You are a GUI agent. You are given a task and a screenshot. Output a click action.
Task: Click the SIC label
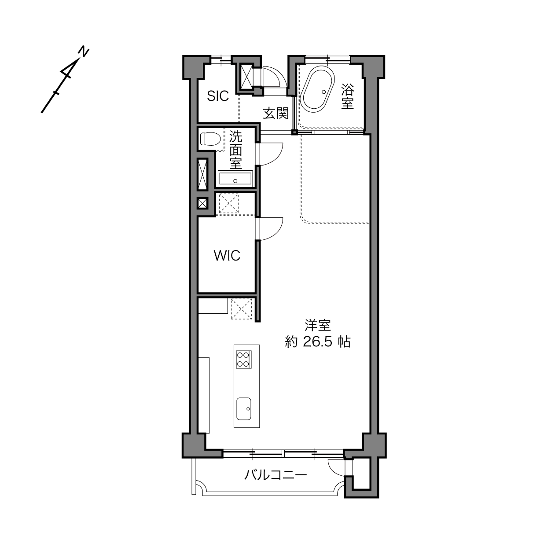(x=218, y=96)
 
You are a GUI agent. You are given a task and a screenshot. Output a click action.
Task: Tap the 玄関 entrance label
(x=275, y=113)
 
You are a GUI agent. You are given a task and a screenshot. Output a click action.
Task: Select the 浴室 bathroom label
(x=347, y=96)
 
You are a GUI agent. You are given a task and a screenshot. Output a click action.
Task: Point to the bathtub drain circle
(x=323, y=92)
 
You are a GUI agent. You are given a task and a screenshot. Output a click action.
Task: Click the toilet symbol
(x=210, y=139)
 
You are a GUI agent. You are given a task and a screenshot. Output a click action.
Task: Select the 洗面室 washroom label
(x=235, y=150)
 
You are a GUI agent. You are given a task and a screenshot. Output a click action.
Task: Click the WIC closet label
(x=227, y=256)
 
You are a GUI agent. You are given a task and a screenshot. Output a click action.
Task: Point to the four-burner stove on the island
(x=244, y=360)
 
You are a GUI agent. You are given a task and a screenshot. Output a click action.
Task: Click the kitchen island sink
(x=244, y=408)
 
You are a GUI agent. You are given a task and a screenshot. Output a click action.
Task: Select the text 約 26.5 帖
(x=318, y=342)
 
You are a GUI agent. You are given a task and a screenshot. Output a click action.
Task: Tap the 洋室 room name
(x=318, y=325)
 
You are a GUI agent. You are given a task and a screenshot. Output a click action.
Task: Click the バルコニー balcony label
(x=275, y=475)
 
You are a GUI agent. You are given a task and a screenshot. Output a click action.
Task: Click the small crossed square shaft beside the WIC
(x=202, y=204)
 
